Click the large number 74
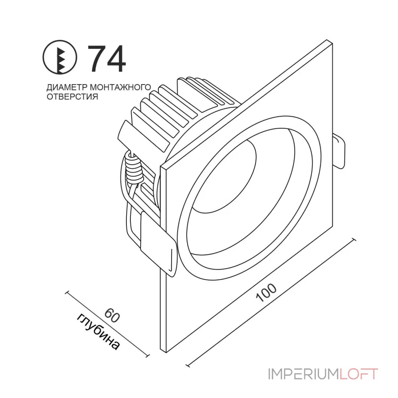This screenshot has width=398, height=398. (106, 59)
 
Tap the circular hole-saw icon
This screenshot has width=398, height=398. (60, 58)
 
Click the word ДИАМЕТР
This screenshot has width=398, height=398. (67, 88)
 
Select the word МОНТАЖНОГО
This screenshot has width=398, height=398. (120, 88)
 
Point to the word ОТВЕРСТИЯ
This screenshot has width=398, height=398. (72, 97)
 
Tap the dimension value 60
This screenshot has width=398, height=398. (112, 315)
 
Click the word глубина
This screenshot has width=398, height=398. (98, 332)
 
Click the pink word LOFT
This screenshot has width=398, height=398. (358, 374)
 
